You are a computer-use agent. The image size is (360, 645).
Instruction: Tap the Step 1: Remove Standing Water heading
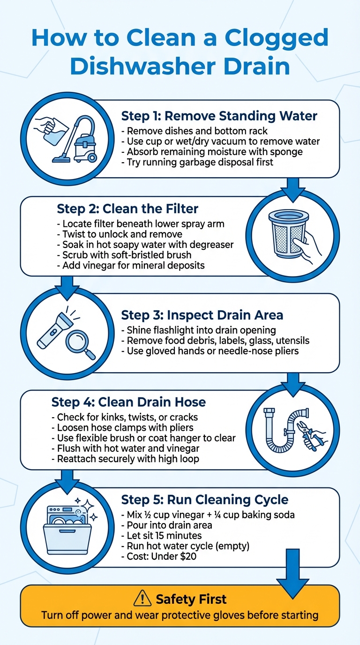pos(219,116)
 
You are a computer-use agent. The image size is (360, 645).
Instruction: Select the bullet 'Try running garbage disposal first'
pos(203,163)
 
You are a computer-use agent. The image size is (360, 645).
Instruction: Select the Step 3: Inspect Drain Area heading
pos(202,315)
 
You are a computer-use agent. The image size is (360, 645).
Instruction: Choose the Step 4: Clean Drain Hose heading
pos(128,402)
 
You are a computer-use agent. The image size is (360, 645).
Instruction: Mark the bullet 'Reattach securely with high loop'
pos(127,458)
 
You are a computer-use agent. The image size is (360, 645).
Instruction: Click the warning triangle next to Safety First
pos(142,599)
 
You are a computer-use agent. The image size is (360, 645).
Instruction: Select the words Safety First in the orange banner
pos(191,599)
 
